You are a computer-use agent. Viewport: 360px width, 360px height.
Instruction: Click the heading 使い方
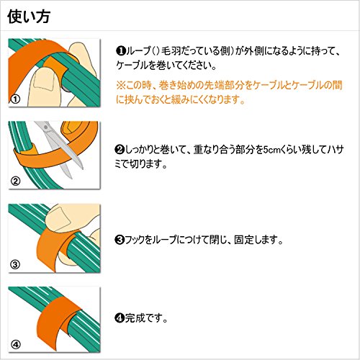click(x=29, y=17)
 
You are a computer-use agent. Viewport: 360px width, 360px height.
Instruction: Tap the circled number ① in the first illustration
click(x=16, y=99)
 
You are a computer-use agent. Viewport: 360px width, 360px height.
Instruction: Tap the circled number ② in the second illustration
click(x=16, y=181)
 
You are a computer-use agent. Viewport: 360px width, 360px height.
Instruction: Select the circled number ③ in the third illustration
click(x=15, y=265)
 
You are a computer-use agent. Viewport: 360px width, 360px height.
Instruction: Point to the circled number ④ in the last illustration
click(x=16, y=345)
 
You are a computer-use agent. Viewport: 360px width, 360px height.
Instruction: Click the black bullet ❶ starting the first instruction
click(x=121, y=51)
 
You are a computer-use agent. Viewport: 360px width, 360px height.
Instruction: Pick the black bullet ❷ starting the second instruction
click(x=120, y=150)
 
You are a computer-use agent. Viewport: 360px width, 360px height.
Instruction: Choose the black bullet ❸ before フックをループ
click(x=120, y=240)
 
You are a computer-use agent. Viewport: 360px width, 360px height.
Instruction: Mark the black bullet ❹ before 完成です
click(x=120, y=318)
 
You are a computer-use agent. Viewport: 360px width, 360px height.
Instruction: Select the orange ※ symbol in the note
click(x=120, y=86)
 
